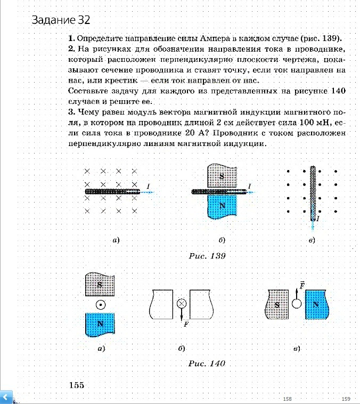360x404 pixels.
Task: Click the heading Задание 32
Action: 61,21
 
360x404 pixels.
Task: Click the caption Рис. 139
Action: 208,256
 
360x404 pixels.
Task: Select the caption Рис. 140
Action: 207,363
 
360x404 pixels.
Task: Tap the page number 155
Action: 76,385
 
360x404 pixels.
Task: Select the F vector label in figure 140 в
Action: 302,286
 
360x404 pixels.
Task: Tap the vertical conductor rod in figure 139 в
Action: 313,191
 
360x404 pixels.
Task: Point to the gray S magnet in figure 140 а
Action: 100,285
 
